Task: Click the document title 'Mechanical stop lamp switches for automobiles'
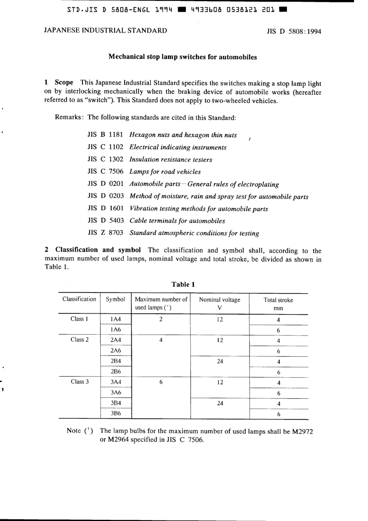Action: tap(182, 57)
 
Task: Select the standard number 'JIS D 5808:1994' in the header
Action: tap(294, 31)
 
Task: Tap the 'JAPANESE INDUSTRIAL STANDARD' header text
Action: tap(106, 31)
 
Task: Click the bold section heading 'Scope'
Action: tap(64, 83)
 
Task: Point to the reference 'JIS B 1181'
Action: tap(105, 135)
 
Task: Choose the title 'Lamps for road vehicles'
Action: tap(165, 172)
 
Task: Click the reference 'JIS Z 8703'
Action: tap(105, 233)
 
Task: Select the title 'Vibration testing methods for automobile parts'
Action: tap(199, 208)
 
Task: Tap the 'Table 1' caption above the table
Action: tap(183, 284)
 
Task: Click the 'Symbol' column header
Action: tap(115, 299)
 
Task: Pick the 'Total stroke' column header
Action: tap(278, 300)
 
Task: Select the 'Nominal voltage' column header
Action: tap(220, 299)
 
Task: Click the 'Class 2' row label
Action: tap(79, 340)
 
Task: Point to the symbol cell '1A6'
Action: tap(115, 330)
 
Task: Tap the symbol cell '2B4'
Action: tap(115, 361)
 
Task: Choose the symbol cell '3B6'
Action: tap(115, 413)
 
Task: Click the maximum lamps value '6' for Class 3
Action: tap(161, 382)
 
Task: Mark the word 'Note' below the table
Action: tap(74, 430)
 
